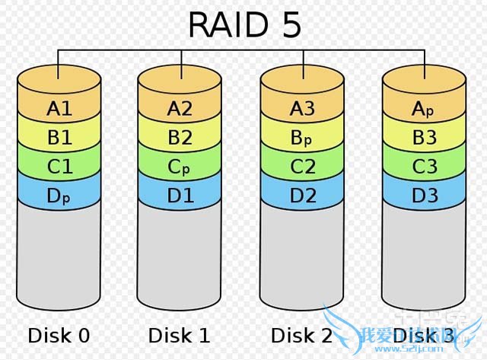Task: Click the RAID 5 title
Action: (244, 24)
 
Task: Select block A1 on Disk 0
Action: (59, 108)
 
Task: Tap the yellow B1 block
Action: (59, 138)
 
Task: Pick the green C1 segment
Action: (59, 167)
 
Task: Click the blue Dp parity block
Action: (59, 196)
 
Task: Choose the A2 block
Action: (180, 108)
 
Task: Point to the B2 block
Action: (180, 138)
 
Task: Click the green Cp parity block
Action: (180, 167)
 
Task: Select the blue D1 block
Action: (180, 196)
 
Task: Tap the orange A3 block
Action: (302, 108)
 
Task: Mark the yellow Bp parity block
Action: (302, 138)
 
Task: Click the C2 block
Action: (302, 167)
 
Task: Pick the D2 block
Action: (302, 196)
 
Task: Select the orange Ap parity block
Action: (424, 108)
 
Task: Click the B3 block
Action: (424, 138)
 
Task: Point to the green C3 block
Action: (424, 167)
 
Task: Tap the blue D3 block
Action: (424, 196)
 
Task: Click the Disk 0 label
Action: (59, 335)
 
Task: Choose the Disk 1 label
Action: (180, 335)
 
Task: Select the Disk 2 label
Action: (301, 335)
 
